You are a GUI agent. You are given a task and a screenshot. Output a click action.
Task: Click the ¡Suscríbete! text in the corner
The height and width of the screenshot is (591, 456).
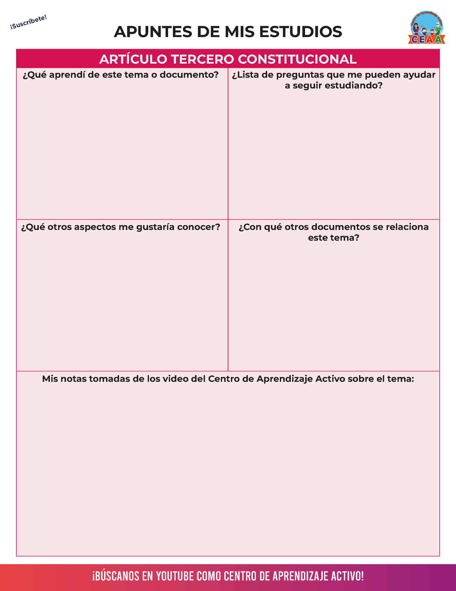[28, 22]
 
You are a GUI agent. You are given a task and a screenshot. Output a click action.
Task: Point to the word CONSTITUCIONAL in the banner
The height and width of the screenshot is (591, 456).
[297, 59]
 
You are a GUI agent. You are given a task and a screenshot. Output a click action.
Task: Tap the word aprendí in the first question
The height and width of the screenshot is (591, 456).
[69, 75]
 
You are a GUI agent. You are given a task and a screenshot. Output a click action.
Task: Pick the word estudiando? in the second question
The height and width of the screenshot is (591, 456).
[353, 86]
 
